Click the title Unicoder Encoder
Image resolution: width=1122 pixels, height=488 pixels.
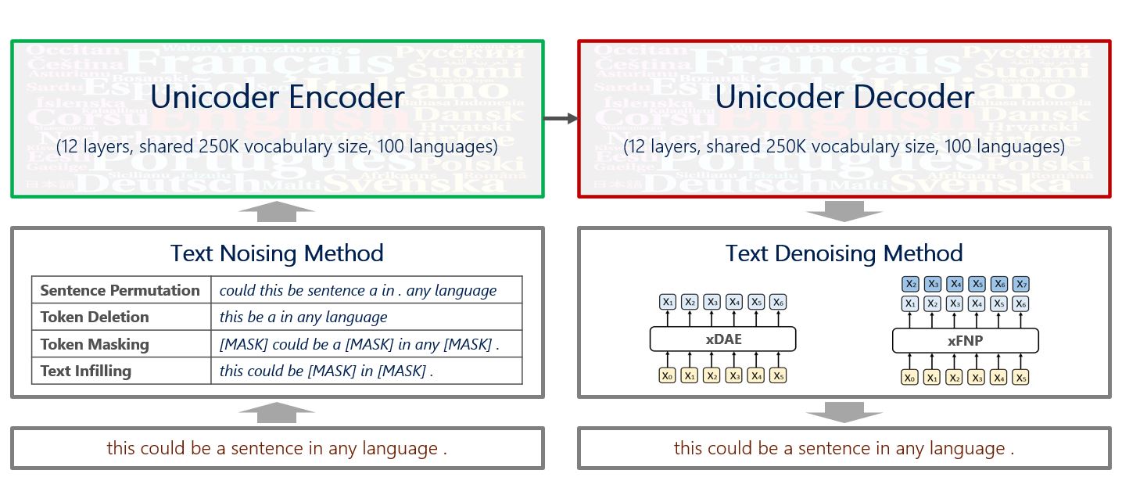point(277,98)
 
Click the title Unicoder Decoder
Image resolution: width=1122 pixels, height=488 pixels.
point(844,98)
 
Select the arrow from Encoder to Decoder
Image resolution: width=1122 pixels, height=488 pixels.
point(561,118)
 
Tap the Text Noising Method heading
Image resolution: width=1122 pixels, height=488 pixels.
point(277,253)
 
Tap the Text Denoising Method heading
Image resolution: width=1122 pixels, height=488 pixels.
point(844,253)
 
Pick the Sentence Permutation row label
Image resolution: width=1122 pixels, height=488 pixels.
point(120,290)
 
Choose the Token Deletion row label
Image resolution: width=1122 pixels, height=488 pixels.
point(95,317)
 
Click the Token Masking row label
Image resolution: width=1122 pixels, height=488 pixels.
point(95,344)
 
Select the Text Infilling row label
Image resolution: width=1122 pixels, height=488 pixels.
point(86,371)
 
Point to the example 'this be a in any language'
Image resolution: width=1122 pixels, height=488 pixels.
point(303,317)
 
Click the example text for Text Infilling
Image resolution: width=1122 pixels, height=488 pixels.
point(326,371)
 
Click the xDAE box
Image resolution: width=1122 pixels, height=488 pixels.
point(722,339)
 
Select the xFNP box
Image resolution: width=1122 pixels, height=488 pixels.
point(965,340)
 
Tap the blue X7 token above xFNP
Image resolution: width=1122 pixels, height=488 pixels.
point(1020,284)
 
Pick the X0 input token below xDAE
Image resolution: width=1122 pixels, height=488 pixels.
point(667,376)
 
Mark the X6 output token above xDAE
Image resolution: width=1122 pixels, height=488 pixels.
point(777,302)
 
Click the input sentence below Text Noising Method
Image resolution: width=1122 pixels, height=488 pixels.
point(277,448)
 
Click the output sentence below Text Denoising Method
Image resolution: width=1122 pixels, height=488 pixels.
point(844,448)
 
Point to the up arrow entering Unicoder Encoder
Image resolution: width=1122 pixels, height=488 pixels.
point(277,210)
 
